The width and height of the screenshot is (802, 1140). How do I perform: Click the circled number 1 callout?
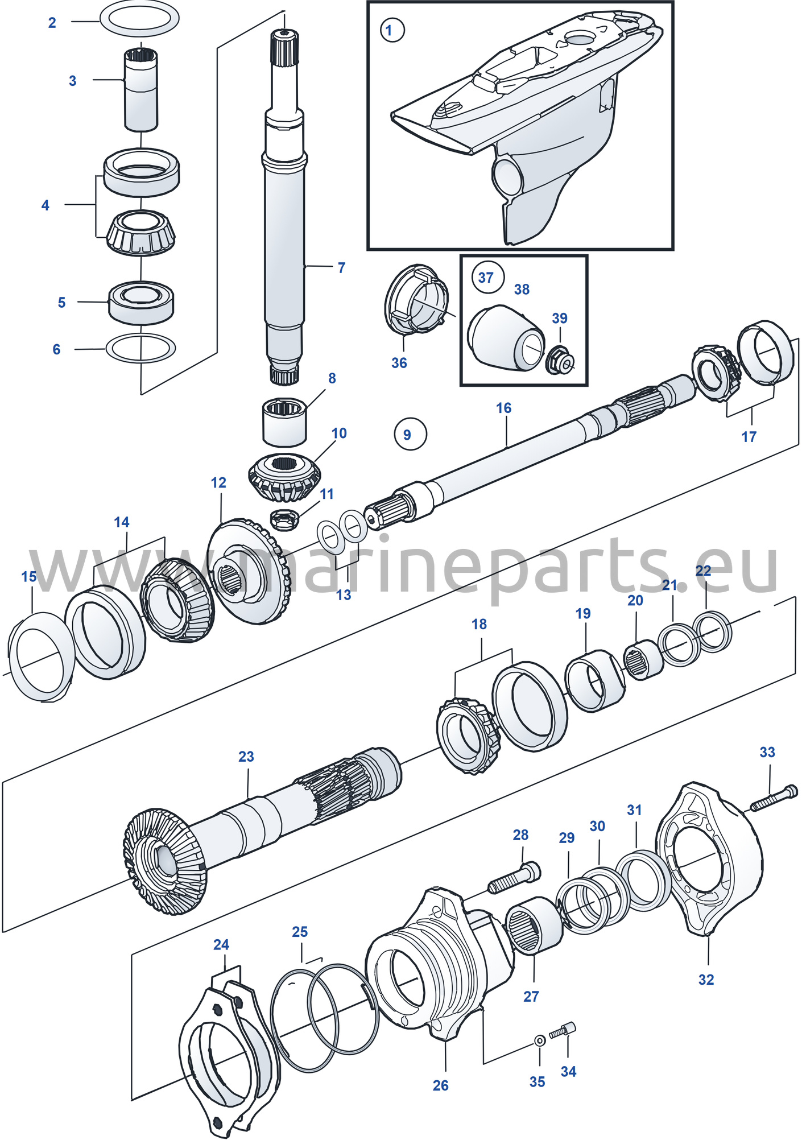[x=392, y=30]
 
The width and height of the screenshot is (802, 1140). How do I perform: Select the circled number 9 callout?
[x=410, y=435]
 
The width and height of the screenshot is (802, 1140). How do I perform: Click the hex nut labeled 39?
[x=559, y=360]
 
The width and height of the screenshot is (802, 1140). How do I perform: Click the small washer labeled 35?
[x=539, y=1041]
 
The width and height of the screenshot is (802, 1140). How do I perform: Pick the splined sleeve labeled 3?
[x=141, y=89]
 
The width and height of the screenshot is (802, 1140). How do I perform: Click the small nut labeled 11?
[x=284, y=518]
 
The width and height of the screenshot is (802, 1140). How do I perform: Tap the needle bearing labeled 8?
[x=284, y=422]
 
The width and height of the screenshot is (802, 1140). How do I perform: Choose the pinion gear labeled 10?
[x=284, y=478]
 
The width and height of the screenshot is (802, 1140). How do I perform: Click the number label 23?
[x=246, y=757]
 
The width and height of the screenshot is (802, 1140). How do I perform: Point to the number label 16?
[x=503, y=408]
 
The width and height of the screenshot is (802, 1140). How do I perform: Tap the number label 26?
[x=440, y=1085]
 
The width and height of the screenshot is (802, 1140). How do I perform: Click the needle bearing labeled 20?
[x=643, y=659]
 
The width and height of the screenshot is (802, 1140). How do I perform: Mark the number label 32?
[x=706, y=980]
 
